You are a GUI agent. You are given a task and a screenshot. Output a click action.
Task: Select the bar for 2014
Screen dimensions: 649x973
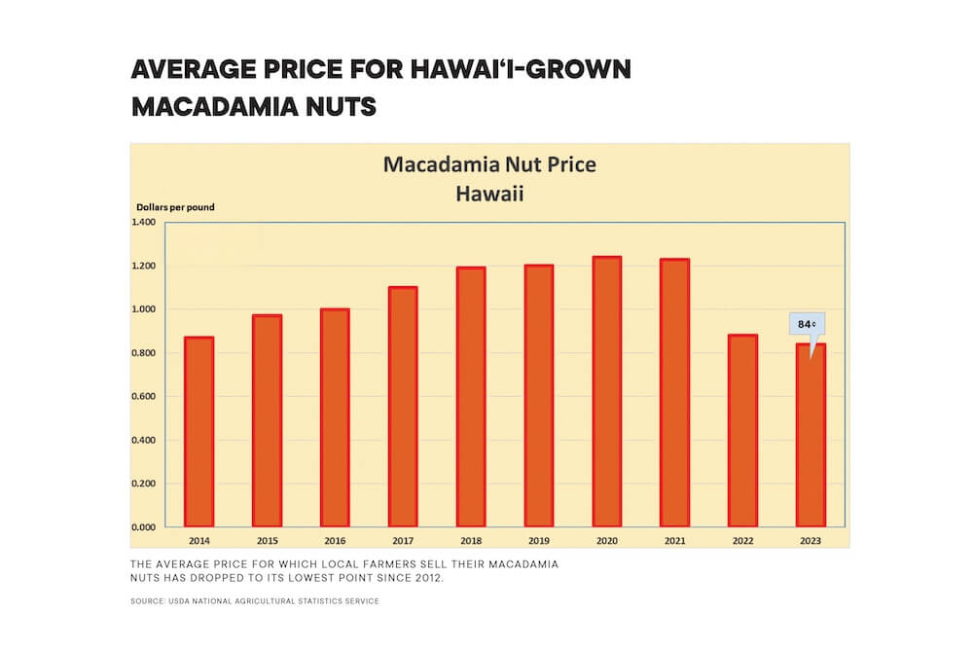[x=198, y=432]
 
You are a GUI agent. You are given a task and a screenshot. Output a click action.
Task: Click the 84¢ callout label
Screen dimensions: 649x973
[x=807, y=324]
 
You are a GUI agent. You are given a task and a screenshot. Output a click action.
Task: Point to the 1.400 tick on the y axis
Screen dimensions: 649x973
[x=143, y=223]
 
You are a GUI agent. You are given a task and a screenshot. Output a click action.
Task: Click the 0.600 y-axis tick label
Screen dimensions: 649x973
[x=143, y=397]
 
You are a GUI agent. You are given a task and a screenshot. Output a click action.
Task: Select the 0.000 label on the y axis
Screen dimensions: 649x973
[x=143, y=527]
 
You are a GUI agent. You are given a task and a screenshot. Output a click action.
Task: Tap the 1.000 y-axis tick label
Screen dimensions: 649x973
[x=143, y=309]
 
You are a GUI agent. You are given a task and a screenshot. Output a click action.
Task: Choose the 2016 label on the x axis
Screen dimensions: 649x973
[x=335, y=540]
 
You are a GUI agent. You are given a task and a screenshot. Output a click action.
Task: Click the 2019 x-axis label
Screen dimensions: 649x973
[x=539, y=540]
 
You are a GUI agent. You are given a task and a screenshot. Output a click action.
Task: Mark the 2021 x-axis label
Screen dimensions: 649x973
[x=674, y=540]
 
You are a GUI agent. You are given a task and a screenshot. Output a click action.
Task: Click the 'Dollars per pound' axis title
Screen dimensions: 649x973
[x=174, y=207]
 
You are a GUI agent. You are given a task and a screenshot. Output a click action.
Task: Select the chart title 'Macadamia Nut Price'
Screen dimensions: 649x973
[x=489, y=164]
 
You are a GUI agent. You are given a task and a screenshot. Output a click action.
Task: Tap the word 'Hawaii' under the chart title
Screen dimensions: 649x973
[x=489, y=194]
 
